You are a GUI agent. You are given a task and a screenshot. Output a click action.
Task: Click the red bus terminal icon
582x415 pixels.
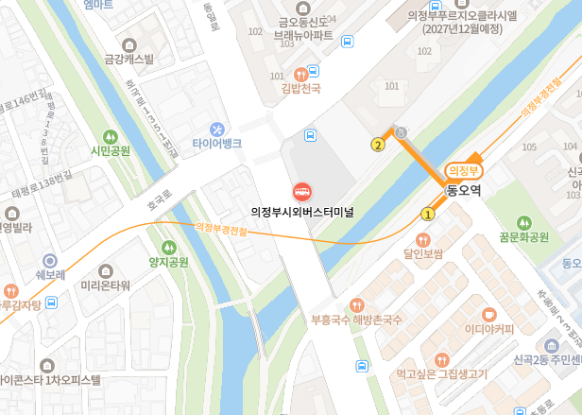tap(301, 191)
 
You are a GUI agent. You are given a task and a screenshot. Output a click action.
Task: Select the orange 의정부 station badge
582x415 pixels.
tap(464, 170)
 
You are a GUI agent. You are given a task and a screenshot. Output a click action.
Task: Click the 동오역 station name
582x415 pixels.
tap(464, 190)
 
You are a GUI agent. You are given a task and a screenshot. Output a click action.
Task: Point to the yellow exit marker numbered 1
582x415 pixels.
tap(428, 215)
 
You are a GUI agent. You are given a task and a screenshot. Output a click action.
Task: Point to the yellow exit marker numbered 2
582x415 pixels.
tap(378, 145)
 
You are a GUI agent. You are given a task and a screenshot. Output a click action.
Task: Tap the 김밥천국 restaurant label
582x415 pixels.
tap(300, 90)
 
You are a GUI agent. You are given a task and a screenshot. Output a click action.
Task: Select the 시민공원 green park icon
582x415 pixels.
tap(110, 136)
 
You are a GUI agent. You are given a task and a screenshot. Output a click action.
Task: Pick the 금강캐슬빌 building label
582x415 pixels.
tap(128, 60)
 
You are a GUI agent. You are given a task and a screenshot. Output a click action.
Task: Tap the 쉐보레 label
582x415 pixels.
tap(50, 275)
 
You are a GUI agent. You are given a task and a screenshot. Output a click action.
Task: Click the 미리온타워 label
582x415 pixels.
tap(105, 285)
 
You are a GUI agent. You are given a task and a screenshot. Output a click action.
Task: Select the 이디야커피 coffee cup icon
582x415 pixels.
tap(488, 314)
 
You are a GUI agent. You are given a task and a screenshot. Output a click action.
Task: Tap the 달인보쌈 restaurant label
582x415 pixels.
tap(422, 253)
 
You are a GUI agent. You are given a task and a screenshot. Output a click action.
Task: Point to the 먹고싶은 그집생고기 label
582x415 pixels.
tap(441, 374)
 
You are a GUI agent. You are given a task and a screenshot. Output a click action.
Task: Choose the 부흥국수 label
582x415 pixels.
tap(331, 320)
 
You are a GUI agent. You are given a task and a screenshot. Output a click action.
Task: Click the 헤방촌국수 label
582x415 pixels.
tap(379, 320)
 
